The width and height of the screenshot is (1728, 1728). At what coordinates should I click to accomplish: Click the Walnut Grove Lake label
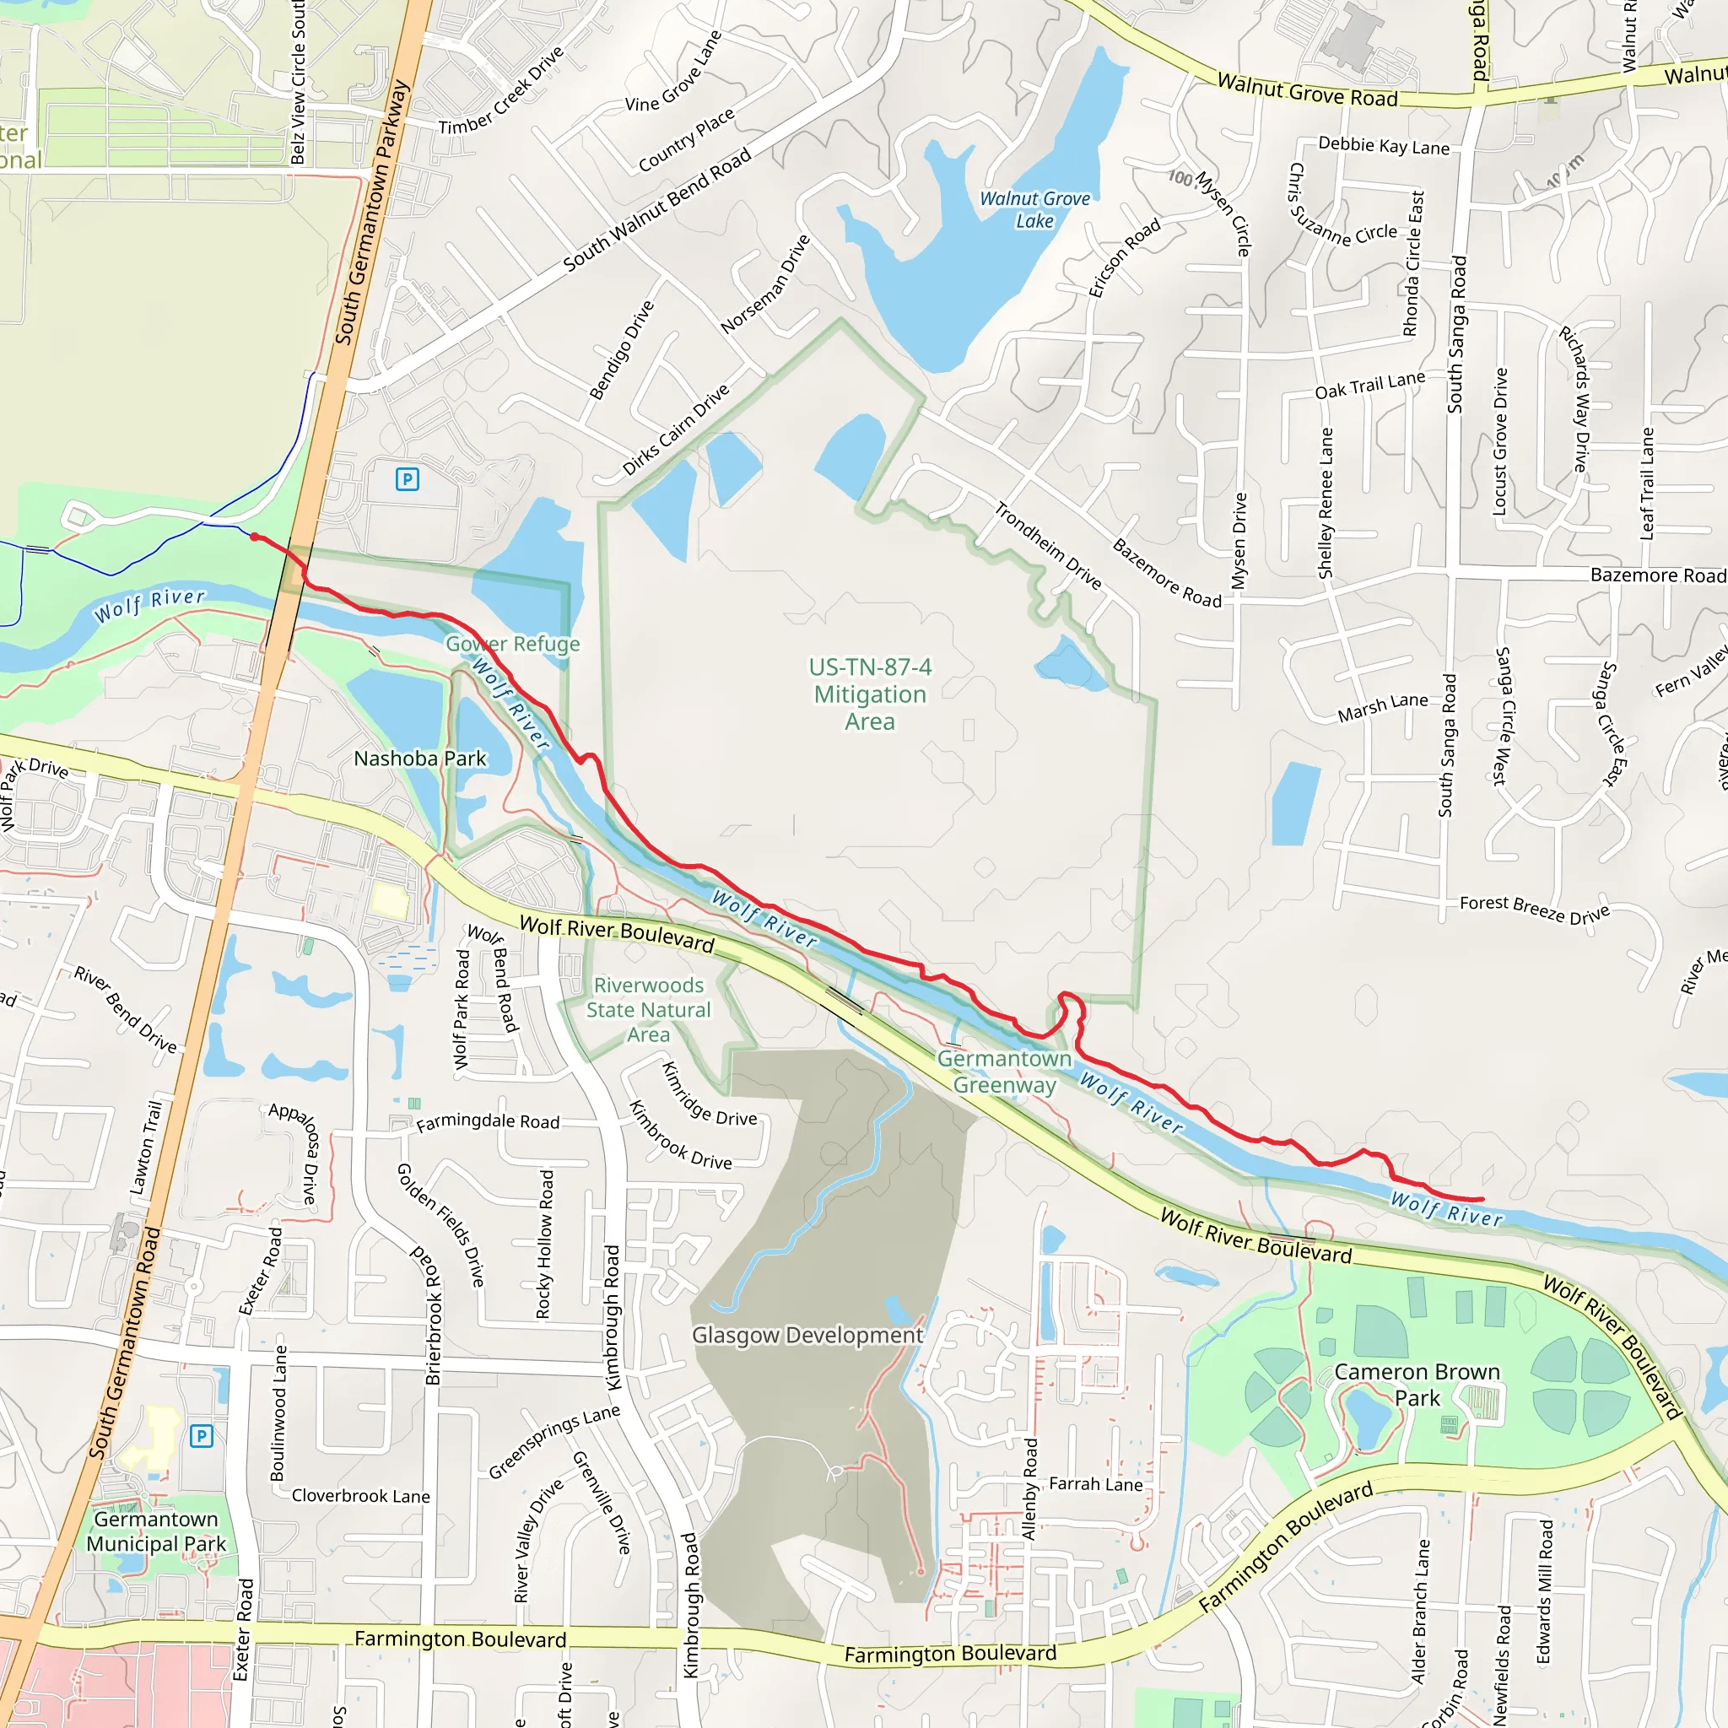[1034, 210]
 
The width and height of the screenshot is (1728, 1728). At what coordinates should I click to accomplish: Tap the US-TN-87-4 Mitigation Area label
[869, 694]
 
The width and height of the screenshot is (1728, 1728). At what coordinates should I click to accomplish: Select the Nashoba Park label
[419, 759]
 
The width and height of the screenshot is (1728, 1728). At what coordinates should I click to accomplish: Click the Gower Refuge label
[512, 644]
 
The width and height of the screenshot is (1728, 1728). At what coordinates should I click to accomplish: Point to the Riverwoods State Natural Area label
[649, 1010]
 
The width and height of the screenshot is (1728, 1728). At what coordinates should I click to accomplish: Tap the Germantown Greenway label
[1004, 1072]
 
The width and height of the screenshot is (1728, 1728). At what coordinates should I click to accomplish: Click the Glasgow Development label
[807, 1336]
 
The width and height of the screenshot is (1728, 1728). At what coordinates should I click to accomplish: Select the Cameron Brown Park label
[1417, 1385]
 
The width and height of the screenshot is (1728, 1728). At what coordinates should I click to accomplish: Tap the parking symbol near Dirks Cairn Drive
[407, 479]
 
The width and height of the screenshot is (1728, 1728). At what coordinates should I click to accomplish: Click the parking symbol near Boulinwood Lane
[202, 1436]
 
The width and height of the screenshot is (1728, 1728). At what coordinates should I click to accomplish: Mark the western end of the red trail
[255, 537]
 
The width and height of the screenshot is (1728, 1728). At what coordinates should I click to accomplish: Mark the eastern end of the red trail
[1482, 1200]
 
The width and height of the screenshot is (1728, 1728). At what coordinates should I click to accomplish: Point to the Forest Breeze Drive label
[1534, 910]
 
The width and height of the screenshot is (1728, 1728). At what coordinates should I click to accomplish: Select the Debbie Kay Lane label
[1384, 146]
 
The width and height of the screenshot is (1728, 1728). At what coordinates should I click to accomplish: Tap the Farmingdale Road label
[488, 1121]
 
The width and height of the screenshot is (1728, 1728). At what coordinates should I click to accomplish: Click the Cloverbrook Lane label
[360, 1496]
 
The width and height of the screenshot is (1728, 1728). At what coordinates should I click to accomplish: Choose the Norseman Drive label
[765, 284]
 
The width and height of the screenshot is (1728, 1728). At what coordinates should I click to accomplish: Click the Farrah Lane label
[1096, 1485]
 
